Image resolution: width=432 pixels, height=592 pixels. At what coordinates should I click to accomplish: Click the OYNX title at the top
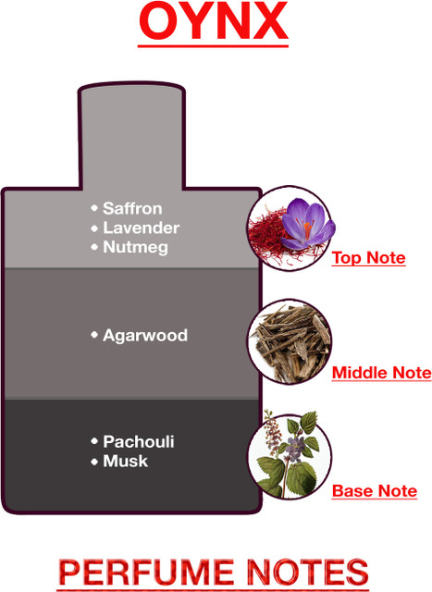(214, 22)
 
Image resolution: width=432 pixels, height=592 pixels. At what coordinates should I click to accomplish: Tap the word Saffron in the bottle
(132, 208)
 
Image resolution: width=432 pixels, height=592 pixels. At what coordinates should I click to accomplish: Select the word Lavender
(142, 228)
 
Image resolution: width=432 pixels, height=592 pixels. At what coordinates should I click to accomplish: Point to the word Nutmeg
(136, 248)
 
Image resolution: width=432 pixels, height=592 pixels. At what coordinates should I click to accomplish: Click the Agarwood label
(145, 335)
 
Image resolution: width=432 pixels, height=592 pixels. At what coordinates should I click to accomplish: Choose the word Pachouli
(139, 442)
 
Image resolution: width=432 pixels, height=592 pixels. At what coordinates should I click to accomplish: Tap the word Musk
(126, 461)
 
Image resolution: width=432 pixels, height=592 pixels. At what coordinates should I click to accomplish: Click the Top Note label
(368, 258)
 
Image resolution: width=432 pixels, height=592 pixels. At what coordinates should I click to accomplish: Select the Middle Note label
(381, 373)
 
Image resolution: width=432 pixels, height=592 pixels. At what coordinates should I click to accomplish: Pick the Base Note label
(375, 491)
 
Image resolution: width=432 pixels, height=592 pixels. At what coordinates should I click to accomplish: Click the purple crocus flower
(309, 224)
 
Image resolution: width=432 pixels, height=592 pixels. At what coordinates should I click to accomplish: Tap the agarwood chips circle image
(290, 342)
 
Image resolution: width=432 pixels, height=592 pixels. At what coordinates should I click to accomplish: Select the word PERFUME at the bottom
(146, 573)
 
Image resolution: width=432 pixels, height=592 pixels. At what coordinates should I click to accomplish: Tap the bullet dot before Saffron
(94, 208)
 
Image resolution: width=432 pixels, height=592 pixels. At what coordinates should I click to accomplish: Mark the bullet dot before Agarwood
(94, 335)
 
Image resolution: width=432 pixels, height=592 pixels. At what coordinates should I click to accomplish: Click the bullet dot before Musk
(94, 462)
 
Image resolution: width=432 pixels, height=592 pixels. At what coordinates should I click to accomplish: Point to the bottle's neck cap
(131, 135)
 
